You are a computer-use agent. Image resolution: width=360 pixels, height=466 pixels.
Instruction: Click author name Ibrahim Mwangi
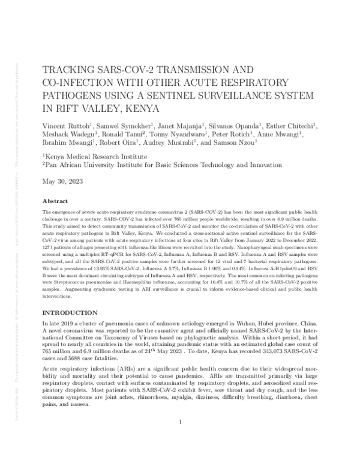65,145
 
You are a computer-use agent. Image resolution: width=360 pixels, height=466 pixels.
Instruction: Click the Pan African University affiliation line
153,166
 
